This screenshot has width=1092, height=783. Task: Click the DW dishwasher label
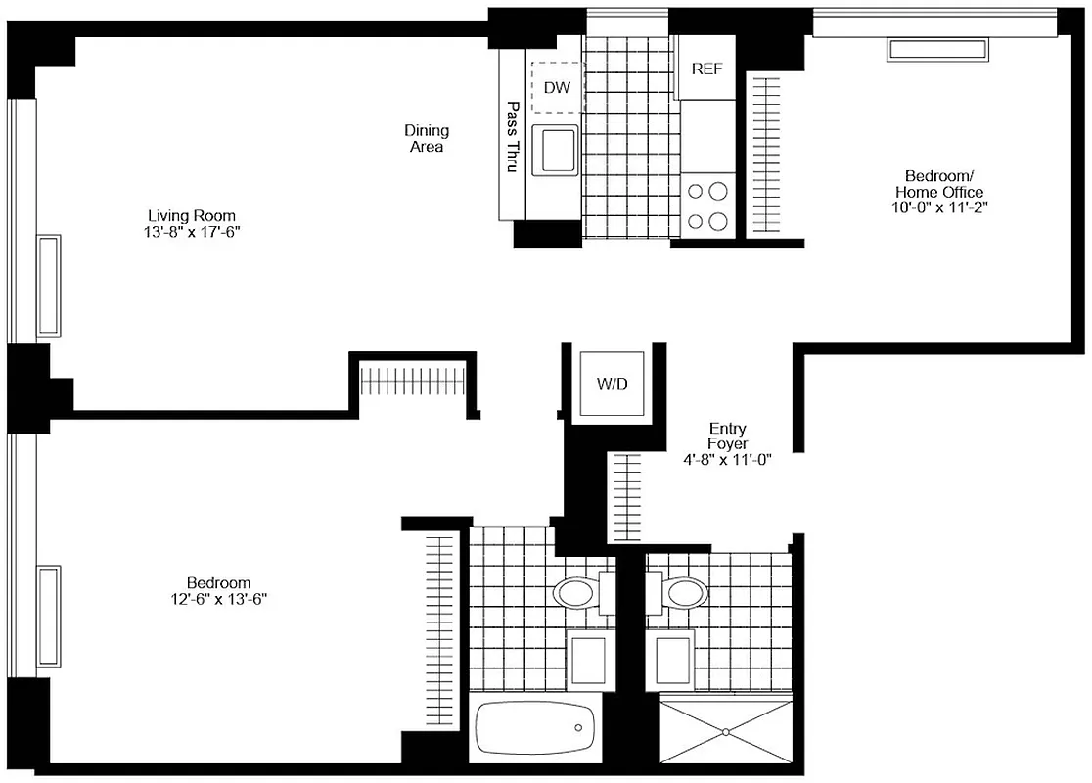pos(557,88)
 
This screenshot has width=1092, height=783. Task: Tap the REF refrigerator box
pos(706,69)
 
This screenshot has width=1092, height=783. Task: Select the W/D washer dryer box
pos(613,384)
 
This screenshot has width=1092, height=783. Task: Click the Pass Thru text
pos(511,136)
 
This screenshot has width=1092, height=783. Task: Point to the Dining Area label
pos(427,138)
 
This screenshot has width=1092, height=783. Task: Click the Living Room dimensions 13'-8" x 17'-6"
pos(192,232)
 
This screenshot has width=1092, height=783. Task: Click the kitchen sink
pos(555,151)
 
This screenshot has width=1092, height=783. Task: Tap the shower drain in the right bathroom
pos(725,731)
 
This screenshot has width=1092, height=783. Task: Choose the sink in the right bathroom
pos(673,660)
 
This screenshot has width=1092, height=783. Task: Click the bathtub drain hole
pos(579,728)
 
